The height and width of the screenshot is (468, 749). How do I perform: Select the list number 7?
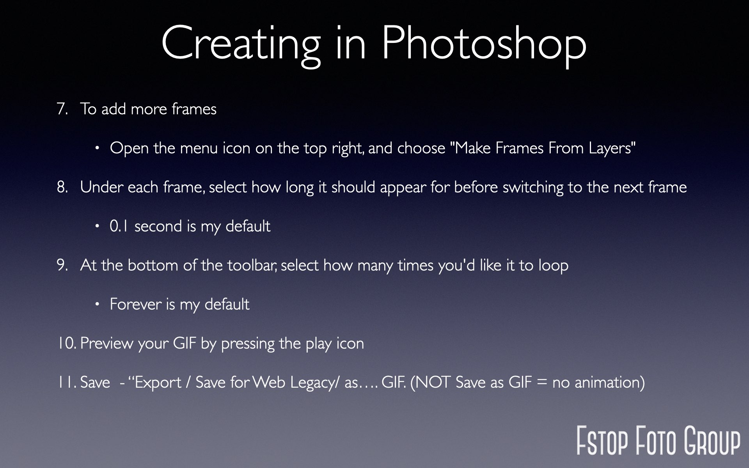(x=62, y=109)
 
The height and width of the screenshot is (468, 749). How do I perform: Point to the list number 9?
(x=62, y=265)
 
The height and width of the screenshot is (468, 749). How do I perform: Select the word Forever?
(x=136, y=304)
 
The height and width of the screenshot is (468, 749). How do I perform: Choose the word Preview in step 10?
(x=106, y=343)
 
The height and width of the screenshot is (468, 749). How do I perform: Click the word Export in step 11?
(x=158, y=383)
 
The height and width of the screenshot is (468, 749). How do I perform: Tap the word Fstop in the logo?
(x=602, y=441)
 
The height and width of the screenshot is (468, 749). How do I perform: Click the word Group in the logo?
(x=712, y=441)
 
